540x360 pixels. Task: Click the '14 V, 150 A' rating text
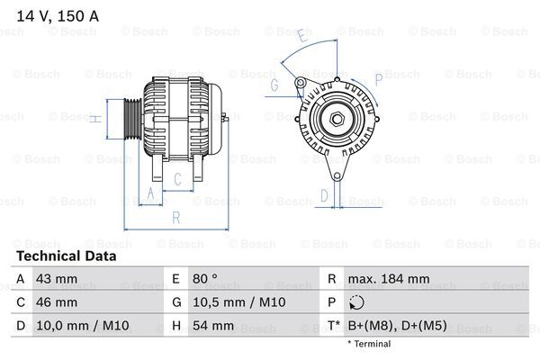(x=56, y=13)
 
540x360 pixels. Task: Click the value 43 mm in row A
(x=56, y=279)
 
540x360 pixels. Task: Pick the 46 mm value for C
(x=56, y=302)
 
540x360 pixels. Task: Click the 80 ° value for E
(x=206, y=279)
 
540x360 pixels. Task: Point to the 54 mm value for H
(x=212, y=326)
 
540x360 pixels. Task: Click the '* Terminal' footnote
(x=369, y=345)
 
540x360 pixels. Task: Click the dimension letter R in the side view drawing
(x=175, y=217)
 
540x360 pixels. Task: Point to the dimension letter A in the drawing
(x=151, y=193)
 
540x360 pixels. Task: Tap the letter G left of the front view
(x=274, y=85)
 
